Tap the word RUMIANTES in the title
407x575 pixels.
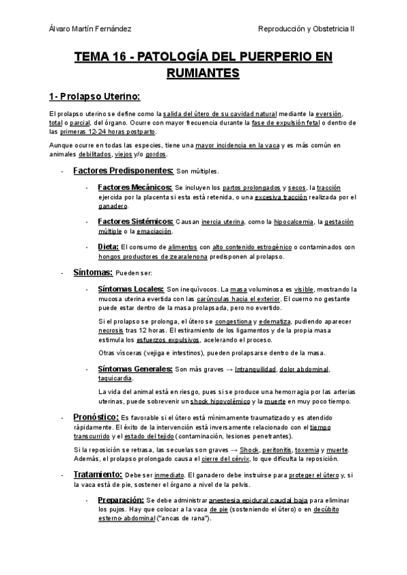[203, 72]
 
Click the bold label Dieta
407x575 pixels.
[109, 247]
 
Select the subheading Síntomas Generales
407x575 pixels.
[135, 369]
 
